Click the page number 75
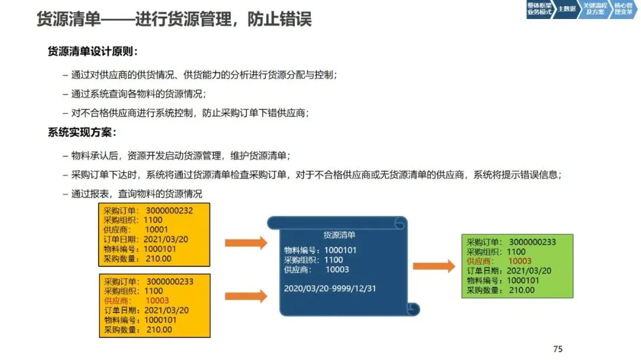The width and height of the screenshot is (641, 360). (557, 349)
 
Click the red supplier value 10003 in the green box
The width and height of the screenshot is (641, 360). (520, 261)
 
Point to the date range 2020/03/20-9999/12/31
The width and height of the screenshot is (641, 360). (330, 288)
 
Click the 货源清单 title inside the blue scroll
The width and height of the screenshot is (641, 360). (339, 235)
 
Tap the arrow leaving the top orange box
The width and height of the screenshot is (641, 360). (246, 242)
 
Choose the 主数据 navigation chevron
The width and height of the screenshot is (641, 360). (566, 9)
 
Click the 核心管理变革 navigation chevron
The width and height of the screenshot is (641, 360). (623, 9)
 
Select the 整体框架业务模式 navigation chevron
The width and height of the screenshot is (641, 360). (539, 9)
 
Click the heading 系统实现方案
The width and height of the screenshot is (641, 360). (82, 132)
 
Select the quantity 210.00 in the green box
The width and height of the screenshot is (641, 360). (522, 290)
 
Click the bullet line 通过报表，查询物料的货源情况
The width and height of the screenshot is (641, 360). (137, 194)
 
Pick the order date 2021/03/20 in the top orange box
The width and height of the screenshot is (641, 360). (166, 239)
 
